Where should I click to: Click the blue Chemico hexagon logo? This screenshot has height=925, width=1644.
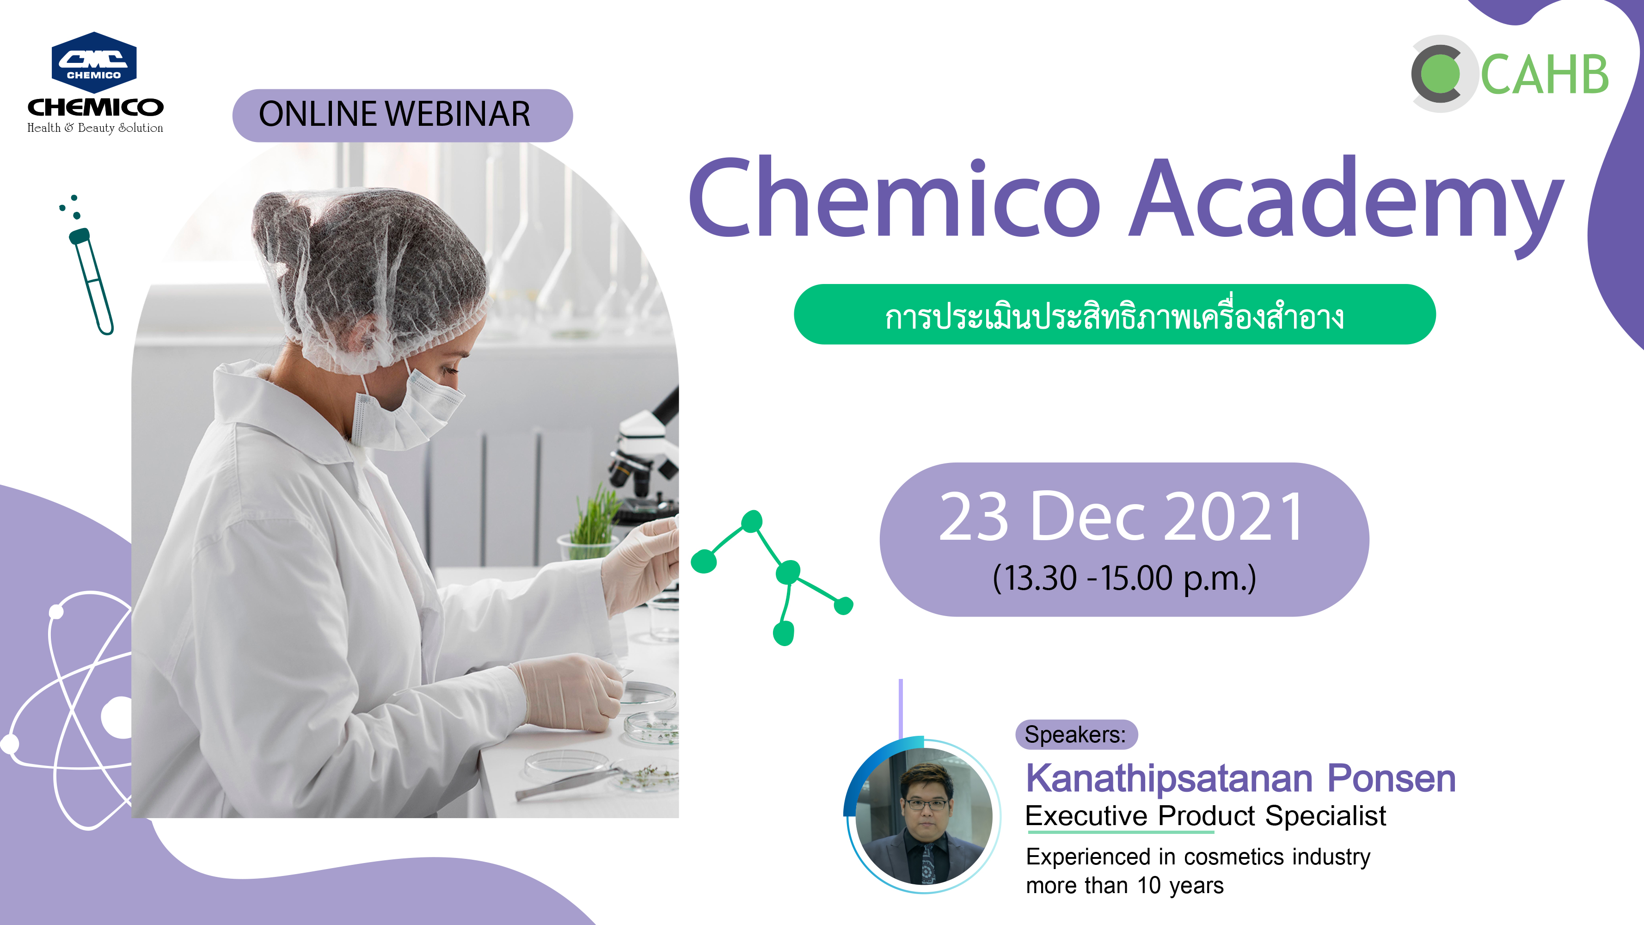point(94,62)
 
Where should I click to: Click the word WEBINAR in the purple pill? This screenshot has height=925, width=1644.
point(458,115)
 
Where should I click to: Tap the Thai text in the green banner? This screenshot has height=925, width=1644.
point(1114,315)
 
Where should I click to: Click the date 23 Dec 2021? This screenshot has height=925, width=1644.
point(1121,517)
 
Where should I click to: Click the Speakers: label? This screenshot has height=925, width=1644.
point(1075,735)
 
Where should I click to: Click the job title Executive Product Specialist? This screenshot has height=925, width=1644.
point(1206,816)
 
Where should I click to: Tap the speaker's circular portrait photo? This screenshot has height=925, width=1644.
point(923,816)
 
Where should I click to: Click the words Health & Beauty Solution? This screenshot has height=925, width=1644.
point(95,128)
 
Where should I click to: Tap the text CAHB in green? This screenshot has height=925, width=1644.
point(1545,74)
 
